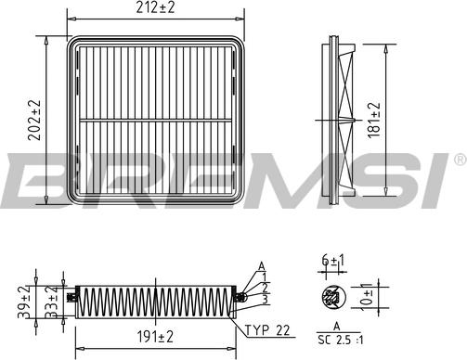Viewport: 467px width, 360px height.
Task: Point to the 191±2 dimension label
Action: tap(151, 335)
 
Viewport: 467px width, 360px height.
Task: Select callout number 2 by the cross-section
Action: tap(264, 288)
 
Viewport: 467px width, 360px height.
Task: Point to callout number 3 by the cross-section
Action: tap(264, 299)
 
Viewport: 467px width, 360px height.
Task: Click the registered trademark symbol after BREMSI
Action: tap(459, 161)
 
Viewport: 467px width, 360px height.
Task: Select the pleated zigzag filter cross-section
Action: tap(152, 299)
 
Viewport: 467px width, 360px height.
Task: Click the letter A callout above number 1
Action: tap(263, 266)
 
